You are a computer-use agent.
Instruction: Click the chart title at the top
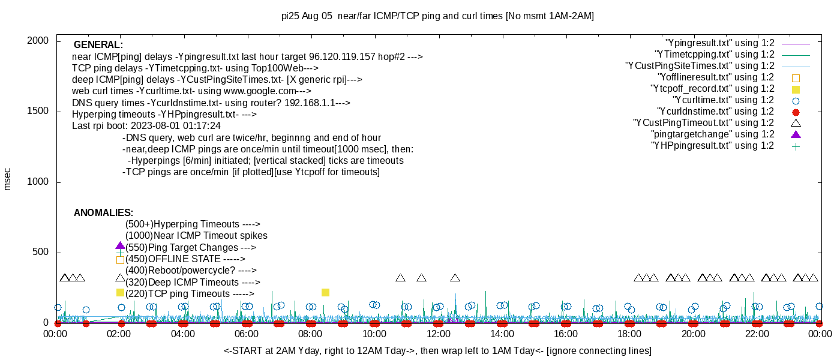click(437, 16)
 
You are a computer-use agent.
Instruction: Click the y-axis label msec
click(8, 179)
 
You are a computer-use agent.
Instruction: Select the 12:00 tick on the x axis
click(438, 334)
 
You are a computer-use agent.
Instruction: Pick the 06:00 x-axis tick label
click(247, 334)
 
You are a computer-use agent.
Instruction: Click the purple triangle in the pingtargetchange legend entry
click(796, 134)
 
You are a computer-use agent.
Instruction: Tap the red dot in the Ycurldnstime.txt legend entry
click(796, 112)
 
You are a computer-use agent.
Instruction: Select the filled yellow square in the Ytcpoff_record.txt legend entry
click(796, 89)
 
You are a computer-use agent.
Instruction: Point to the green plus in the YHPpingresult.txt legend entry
click(796, 146)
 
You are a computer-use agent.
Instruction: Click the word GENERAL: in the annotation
click(98, 45)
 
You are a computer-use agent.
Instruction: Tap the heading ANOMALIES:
click(103, 213)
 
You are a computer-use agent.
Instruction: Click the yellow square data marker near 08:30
click(325, 292)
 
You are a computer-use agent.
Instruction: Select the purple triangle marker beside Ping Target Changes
click(120, 246)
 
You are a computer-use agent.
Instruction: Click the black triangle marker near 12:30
click(455, 278)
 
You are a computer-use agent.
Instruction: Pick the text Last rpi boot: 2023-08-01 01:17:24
click(146, 126)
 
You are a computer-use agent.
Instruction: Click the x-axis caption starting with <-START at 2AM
click(437, 350)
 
